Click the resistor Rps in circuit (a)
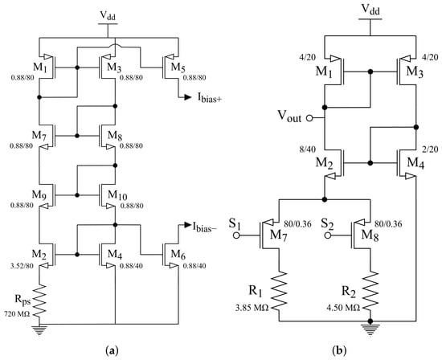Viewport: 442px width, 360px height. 39,300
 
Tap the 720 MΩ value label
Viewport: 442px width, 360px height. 17,313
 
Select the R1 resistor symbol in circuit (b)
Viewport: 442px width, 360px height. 280,291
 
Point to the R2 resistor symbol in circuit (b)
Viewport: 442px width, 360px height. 370,291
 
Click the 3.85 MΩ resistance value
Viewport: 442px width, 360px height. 252,308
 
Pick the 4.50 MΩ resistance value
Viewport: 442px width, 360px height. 343,308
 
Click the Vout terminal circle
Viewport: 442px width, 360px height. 309,118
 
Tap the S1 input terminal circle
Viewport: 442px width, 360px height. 236,235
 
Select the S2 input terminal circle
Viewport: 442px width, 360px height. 327,235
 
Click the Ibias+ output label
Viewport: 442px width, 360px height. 209,98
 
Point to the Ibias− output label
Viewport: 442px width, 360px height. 205,227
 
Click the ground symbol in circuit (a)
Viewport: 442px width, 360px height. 39,329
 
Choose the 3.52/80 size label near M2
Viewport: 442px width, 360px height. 22,265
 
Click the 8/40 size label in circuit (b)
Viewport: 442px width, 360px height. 308,149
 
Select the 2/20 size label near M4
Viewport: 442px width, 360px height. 431,149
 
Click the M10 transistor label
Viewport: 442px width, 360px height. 117,194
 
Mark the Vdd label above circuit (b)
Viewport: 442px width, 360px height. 370,10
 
